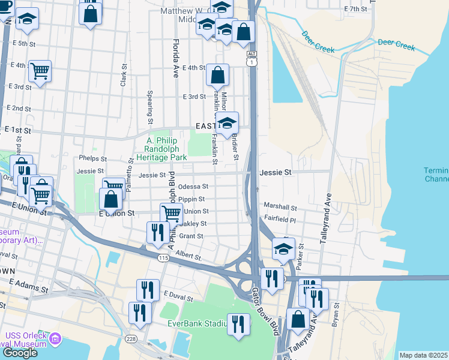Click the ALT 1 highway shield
coord(252,58)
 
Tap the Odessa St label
coord(193,187)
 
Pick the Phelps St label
coord(92,159)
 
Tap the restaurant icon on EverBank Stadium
coord(239,325)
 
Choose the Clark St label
coord(123,76)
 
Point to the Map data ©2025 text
coord(423,355)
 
